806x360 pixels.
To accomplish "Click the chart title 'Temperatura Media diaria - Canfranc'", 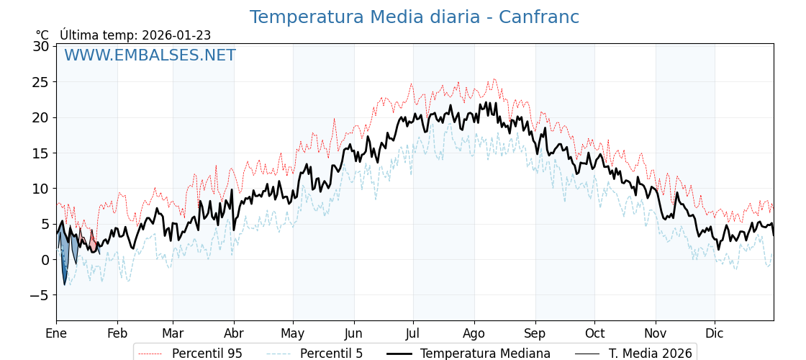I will (414, 17).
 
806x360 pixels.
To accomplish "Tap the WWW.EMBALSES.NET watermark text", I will (150, 55).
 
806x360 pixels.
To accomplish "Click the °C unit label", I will (42, 35).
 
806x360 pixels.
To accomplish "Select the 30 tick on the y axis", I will (41, 46).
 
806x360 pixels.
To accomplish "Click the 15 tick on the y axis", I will (41, 153).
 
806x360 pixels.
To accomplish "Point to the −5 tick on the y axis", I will (37, 295).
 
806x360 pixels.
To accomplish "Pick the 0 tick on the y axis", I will (45, 260).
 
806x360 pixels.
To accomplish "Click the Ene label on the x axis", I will (56, 333).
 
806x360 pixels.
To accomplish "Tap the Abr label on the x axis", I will (234, 333).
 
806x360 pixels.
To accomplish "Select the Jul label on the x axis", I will (413, 333).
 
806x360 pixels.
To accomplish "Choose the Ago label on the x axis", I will (474, 333).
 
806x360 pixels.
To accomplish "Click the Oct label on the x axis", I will (594, 333).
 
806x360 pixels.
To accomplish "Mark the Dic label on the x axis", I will (715, 333).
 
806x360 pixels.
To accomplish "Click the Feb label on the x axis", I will (117, 333).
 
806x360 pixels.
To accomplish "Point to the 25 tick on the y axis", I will (41, 82).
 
